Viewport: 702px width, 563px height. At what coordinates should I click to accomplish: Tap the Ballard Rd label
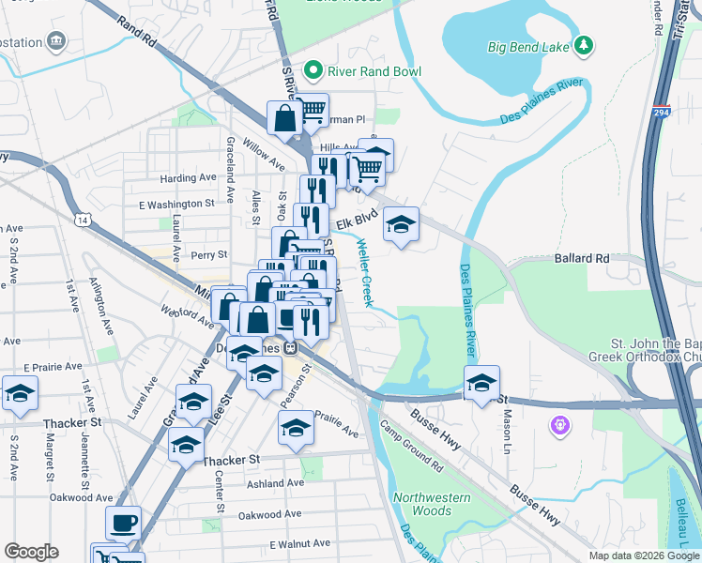point(582,258)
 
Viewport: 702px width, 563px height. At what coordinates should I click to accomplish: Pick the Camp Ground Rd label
point(411,444)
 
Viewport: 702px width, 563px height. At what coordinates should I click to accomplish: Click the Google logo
point(31,551)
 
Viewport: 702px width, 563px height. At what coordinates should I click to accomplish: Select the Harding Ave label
point(188,177)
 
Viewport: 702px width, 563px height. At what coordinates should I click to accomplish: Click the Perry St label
point(208,254)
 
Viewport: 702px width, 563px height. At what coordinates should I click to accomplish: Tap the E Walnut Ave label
point(300,543)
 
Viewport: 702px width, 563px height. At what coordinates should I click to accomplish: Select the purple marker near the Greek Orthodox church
point(560,425)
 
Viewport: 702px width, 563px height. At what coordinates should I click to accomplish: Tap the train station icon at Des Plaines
point(291,345)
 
